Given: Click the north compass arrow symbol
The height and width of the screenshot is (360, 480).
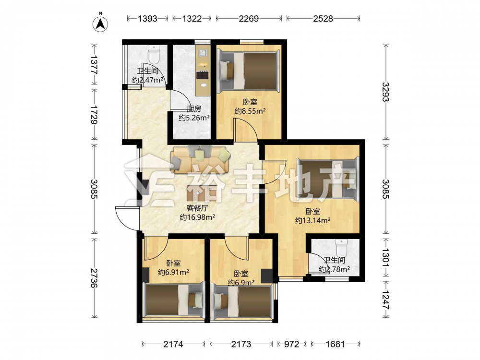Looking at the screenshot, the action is pos(100,23).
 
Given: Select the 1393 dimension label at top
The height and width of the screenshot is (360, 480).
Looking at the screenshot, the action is pos(147,19).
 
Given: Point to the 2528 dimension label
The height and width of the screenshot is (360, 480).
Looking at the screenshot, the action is pos(323,19).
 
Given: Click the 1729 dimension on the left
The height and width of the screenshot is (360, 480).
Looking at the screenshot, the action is pos(94,115).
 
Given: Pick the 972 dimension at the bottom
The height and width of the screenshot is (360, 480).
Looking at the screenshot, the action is pos(291,344).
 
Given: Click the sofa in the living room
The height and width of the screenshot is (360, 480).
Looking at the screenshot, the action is pos(200,159).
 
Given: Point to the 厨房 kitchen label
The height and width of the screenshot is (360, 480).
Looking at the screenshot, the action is pos(194,108).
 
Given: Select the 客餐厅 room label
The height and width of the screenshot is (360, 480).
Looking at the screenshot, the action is pos(197,208).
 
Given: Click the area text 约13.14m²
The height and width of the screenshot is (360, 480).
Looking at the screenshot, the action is pos(312,220).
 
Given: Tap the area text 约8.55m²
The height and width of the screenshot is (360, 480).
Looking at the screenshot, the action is pos(250,111).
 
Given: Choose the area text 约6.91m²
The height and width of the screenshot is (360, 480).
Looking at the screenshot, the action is pos(173,272).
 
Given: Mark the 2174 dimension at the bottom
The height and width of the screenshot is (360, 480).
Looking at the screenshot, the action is pos(173,344).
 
